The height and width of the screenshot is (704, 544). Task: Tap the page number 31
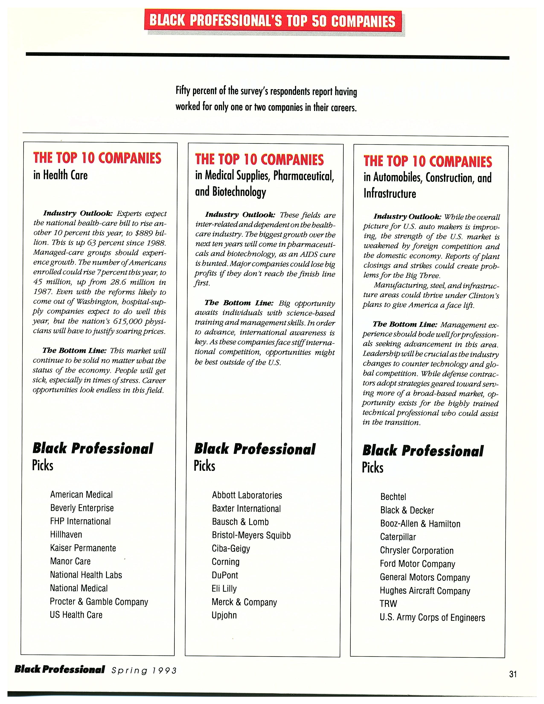tap(513, 674)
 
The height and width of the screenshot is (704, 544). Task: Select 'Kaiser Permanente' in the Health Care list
tap(83, 548)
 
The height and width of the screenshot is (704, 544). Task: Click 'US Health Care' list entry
tap(76, 615)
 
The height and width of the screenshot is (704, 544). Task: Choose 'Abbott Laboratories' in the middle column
tap(247, 495)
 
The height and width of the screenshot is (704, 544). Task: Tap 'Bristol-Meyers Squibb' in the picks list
tap(251, 535)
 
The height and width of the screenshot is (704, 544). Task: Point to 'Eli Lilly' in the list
tap(224, 589)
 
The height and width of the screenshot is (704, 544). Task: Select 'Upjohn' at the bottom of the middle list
tap(224, 615)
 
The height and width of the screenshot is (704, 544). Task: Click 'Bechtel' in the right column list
tap(393, 497)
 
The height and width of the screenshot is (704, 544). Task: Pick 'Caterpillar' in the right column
tap(398, 537)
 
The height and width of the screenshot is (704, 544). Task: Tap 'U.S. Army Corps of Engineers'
tap(432, 618)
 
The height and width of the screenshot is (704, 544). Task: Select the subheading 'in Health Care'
tap(61, 175)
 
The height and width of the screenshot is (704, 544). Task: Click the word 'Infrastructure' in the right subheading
tap(390, 194)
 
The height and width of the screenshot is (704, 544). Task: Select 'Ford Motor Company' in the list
tap(417, 564)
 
